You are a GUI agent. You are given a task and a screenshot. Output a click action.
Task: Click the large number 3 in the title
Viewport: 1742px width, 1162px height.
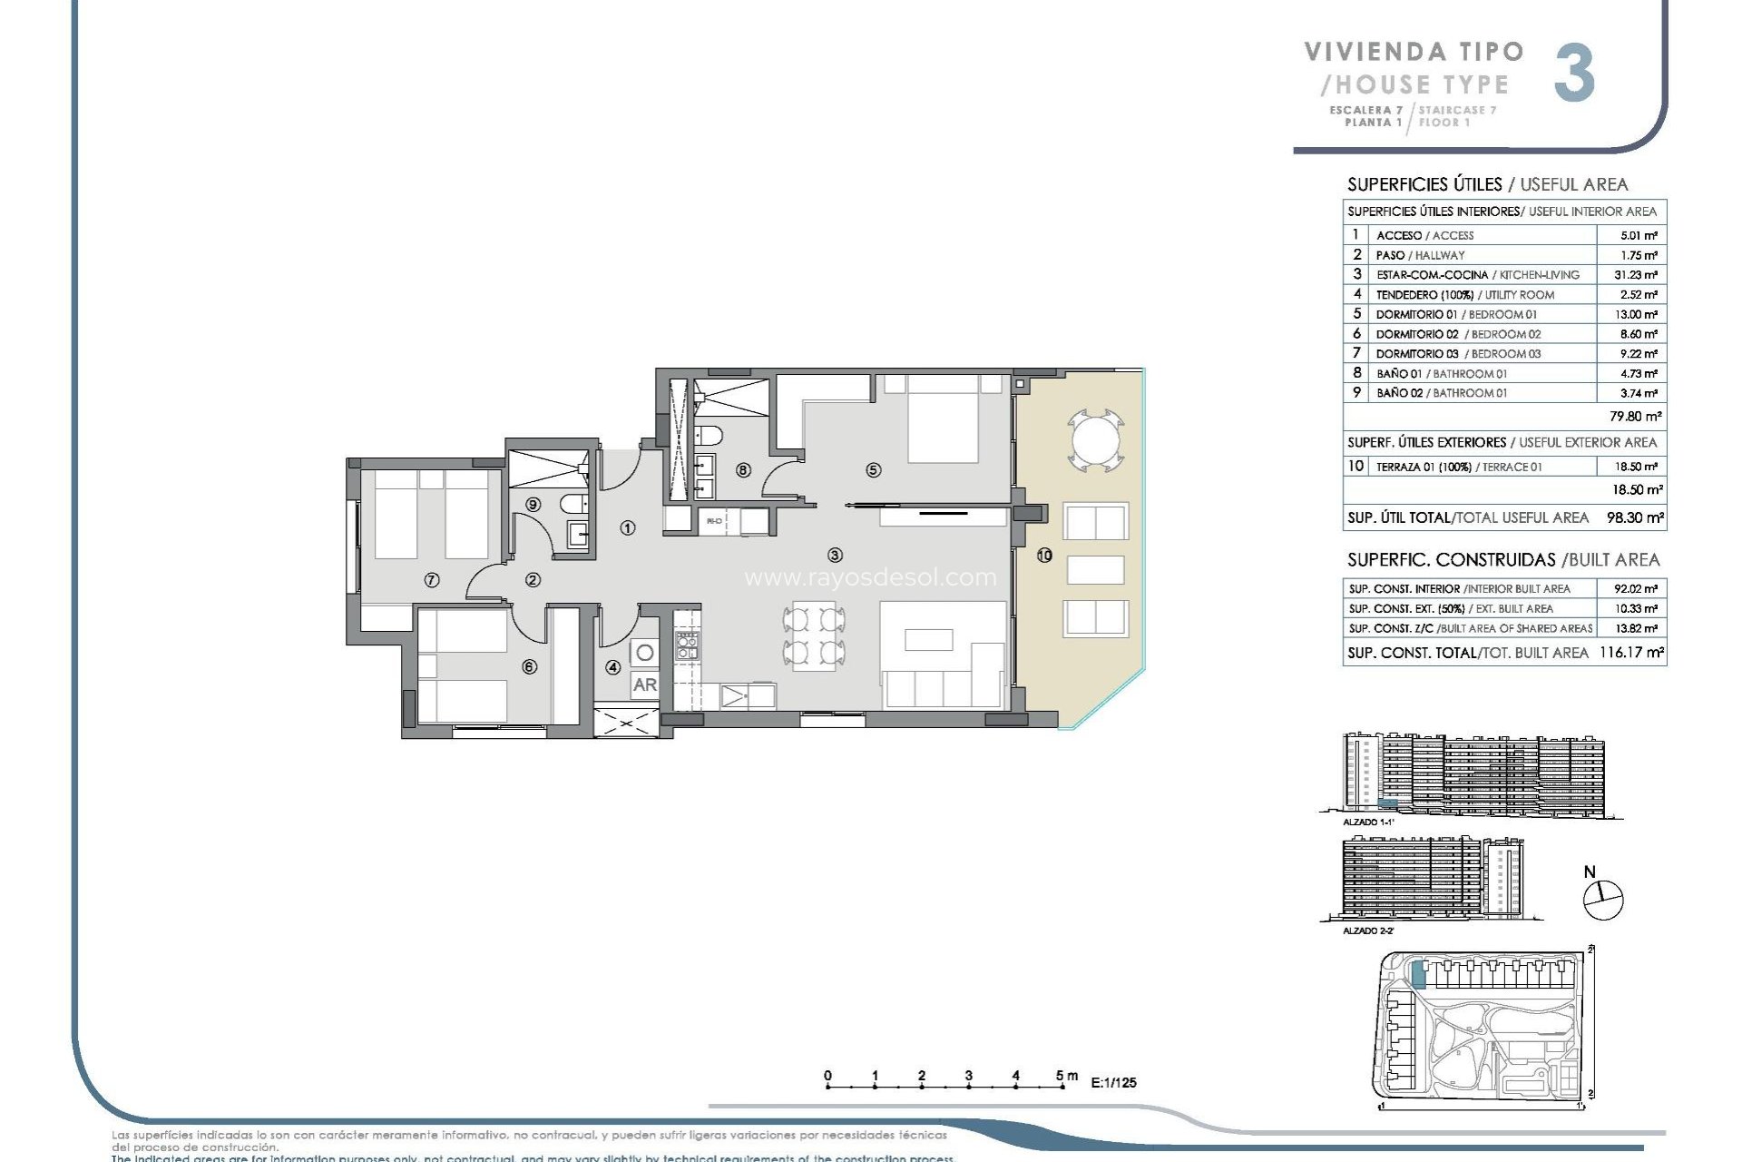coord(1574,74)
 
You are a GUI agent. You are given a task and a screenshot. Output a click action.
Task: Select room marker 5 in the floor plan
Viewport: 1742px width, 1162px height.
coord(873,470)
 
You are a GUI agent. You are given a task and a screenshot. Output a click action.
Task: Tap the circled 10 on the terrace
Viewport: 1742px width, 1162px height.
coord(1044,556)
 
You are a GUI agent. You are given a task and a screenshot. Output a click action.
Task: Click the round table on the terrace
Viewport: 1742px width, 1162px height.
coord(1096,441)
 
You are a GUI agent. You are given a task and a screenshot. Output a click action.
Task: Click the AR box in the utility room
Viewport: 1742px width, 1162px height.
coord(644,684)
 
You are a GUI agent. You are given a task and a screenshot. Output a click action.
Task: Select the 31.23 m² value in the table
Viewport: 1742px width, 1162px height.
coord(1638,275)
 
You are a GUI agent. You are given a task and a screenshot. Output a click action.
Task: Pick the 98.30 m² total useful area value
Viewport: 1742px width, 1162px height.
coord(1635,518)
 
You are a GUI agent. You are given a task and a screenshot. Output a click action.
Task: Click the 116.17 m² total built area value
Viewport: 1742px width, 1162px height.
coord(1630,653)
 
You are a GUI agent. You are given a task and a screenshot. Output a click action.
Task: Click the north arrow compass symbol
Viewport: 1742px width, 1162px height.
coord(1602,900)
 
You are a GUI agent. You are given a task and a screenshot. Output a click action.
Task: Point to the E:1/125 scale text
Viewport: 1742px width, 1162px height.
coord(1113,1082)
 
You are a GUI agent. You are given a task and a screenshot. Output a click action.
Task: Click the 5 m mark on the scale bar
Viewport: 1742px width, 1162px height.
coord(1061,1077)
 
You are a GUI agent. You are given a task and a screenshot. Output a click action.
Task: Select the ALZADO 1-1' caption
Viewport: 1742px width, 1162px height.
coord(1367,822)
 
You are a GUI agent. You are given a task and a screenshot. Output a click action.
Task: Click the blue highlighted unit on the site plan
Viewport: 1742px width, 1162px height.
coord(1418,975)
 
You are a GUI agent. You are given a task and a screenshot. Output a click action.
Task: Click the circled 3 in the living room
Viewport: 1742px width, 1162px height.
coord(835,555)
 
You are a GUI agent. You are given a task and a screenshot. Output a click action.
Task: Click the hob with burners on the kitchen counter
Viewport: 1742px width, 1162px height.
coord(687,645)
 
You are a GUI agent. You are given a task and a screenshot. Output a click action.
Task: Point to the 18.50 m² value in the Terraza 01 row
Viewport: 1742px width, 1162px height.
coord(1638,467)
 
